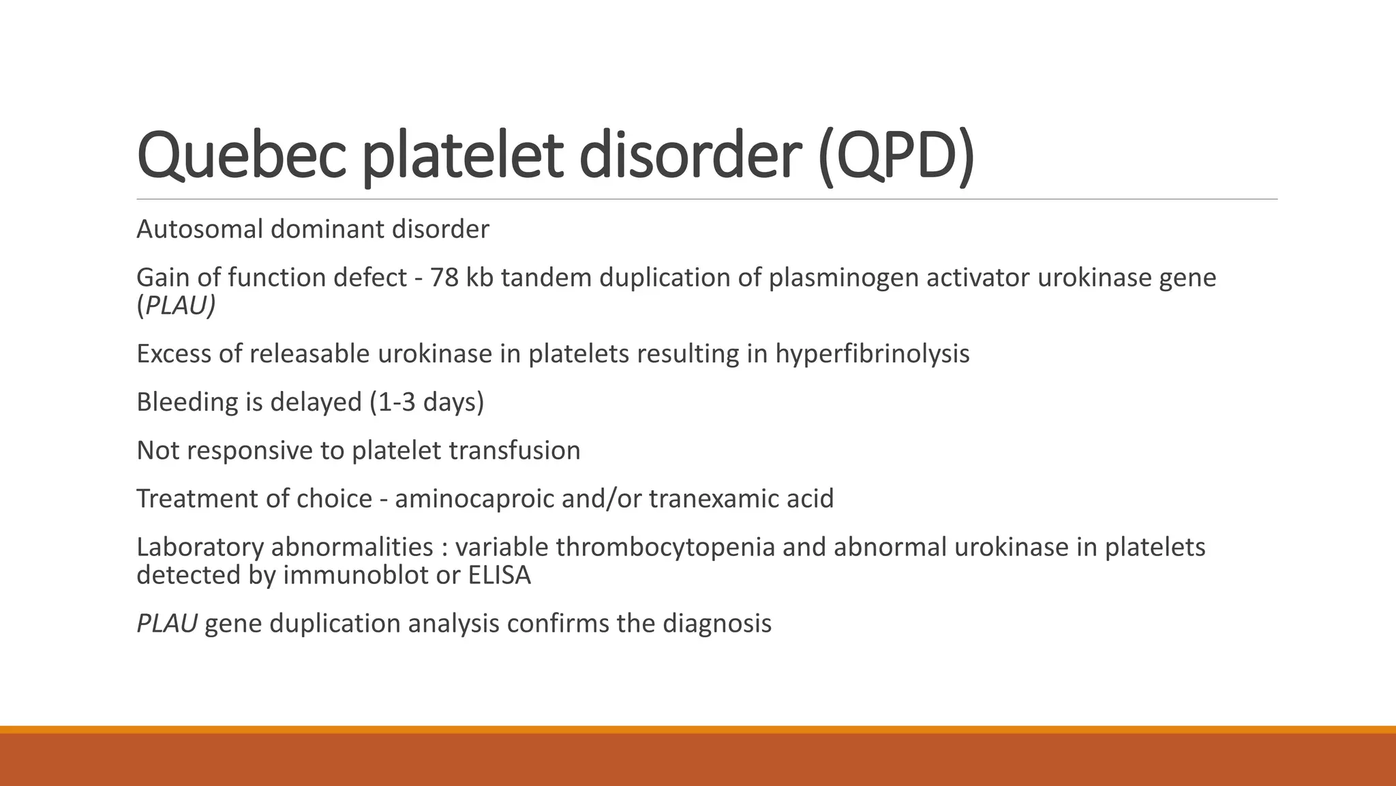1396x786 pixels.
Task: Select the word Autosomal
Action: [200, 229]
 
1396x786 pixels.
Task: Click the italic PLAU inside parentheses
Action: [179, 306]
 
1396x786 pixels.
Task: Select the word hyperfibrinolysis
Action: [872, 354]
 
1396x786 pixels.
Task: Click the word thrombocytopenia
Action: [665, 547]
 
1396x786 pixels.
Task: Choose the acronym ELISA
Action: [500, 575]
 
